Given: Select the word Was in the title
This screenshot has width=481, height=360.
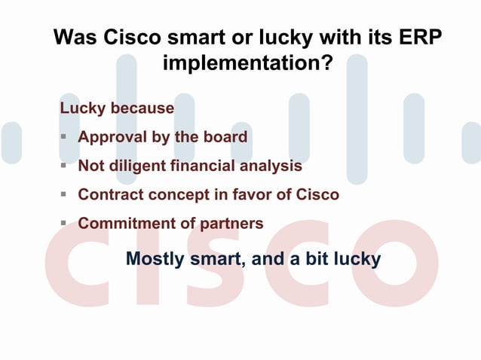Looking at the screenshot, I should [x=73, y=38].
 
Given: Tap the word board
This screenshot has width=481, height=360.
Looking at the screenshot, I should [x=224, y=137].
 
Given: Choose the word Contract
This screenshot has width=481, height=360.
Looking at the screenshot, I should [x=111, y=194].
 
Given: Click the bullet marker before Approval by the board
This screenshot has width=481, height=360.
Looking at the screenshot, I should [x=65, y=137].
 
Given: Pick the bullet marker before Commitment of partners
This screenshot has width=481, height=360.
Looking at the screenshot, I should [x=65, y=223].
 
